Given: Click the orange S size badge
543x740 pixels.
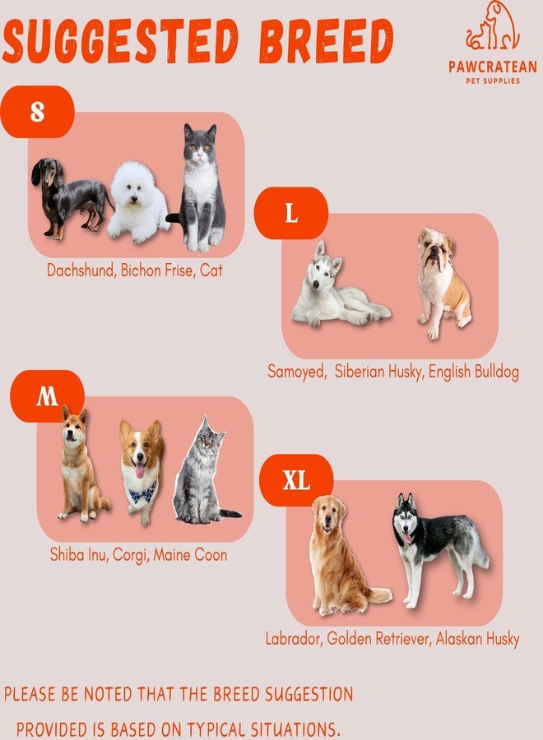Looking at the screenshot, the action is (x=37, y=112).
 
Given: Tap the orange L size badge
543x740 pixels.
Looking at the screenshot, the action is (x=291, y=213).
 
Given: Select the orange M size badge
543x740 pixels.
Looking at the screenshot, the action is (x=47, y=395).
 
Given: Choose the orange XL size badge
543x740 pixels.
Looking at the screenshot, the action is (x=296, y=480).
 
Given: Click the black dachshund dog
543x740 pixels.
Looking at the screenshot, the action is (x=71, y=198).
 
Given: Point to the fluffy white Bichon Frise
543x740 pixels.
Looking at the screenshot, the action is (x=138, y=200).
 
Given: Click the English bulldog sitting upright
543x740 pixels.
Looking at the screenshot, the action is (x=443, y=283).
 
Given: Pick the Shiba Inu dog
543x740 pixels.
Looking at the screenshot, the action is (x=81, y=465).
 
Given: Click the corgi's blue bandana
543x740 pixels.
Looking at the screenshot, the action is (x=142, y=493).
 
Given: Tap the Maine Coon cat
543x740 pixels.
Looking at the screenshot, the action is (x=203, y=472).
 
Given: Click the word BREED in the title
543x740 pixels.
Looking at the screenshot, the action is (x=325, y=42).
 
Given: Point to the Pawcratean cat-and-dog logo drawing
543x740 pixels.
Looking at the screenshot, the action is (x=492, y=26).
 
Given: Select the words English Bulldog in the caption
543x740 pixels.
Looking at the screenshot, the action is (x=474, y=372).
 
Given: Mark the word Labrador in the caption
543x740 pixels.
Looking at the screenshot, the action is (x=293, y=639).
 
